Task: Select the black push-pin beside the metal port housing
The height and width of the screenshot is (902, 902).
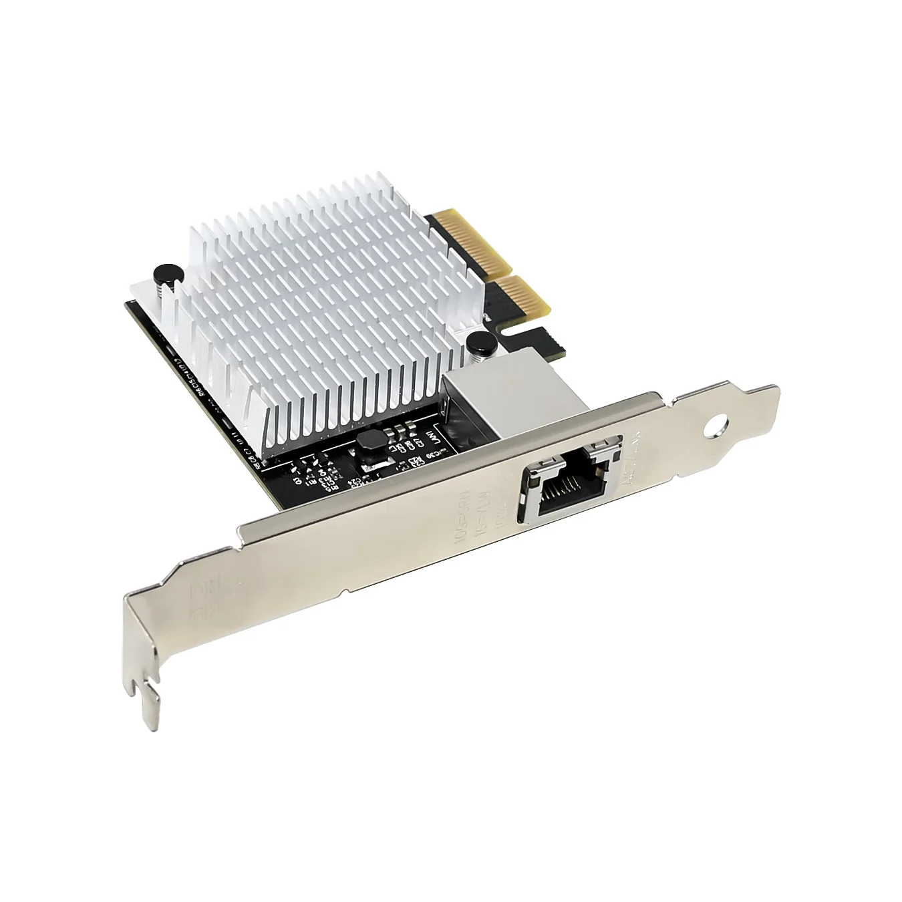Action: tap(480, 343)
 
